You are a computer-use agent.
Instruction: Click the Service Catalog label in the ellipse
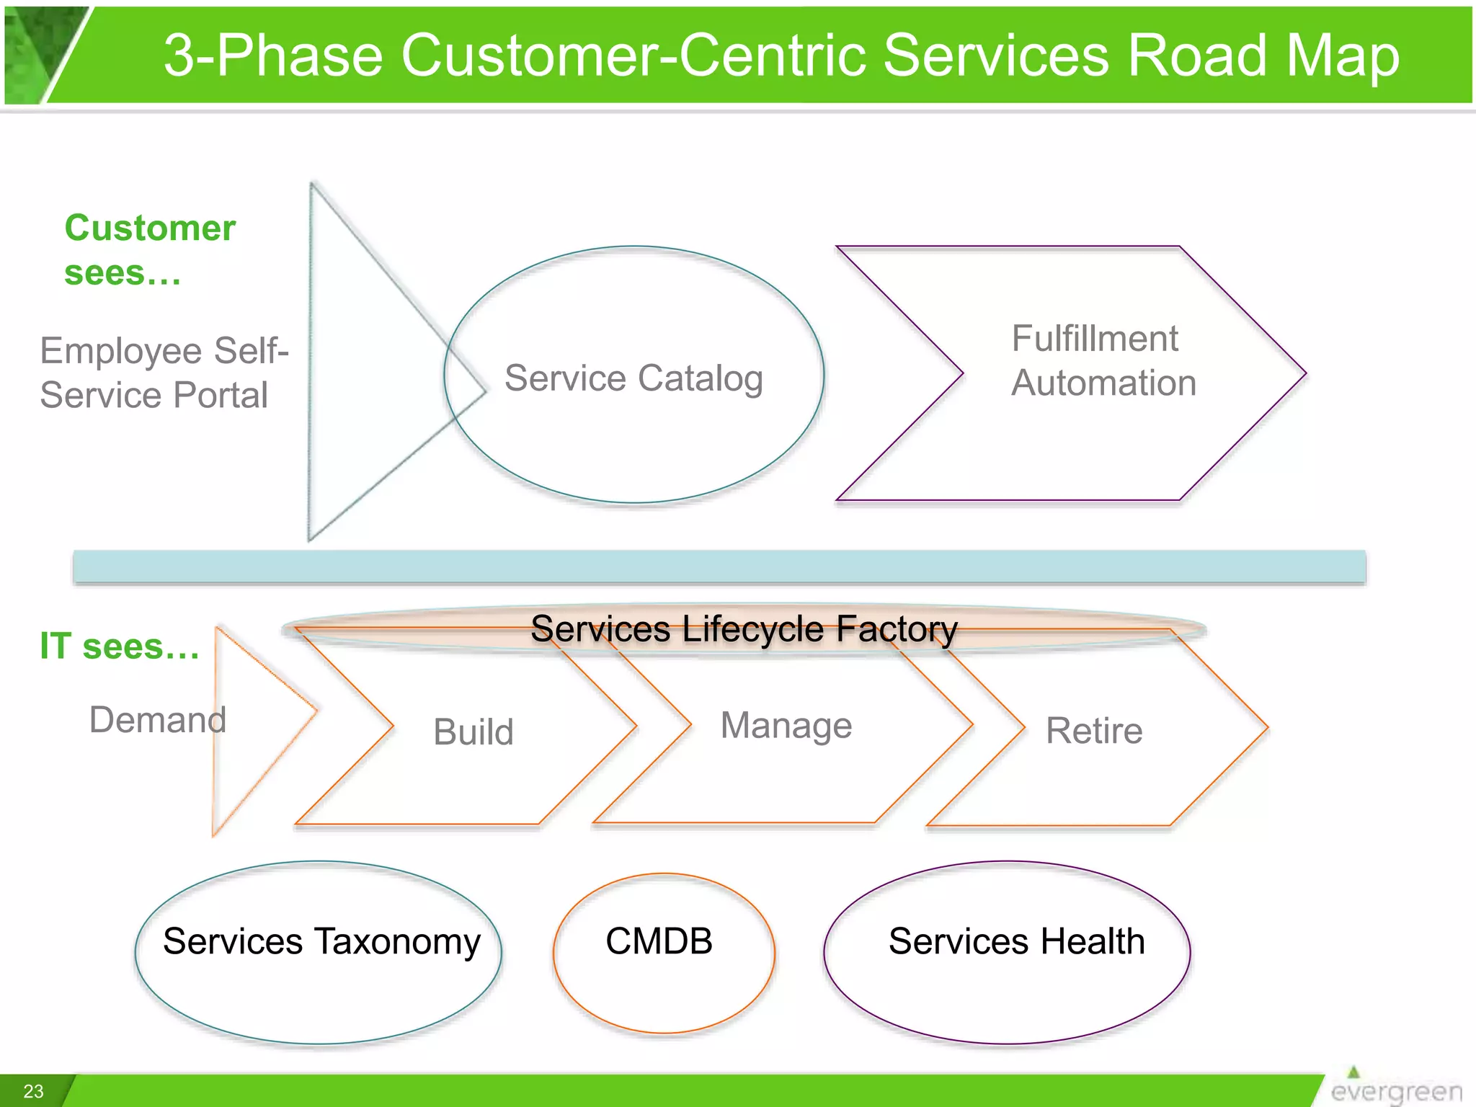pos(633,378)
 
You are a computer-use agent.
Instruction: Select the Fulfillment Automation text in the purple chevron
pos(1103,360)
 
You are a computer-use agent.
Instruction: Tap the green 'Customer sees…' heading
pos(150,249)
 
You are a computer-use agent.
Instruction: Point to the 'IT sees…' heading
pos(120,646)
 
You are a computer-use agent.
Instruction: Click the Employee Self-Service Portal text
pos(164,373)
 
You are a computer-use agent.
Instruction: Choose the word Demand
pos(158,719)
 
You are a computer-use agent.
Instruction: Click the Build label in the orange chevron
pos(474,732)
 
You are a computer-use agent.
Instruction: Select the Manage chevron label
pos(786,725)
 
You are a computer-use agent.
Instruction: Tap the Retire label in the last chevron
pos(1093,731)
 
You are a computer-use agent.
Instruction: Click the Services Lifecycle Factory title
pos(744,628)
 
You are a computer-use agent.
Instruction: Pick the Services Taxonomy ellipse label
pos(321,941)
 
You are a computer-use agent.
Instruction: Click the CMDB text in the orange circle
pos(659,941)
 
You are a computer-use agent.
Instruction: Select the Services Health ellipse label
pos(1016,941)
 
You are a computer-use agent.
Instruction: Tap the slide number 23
pos(33,1091)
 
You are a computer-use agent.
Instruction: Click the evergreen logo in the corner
pos(1395,1088)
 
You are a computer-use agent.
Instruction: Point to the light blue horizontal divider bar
pos(719,566)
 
